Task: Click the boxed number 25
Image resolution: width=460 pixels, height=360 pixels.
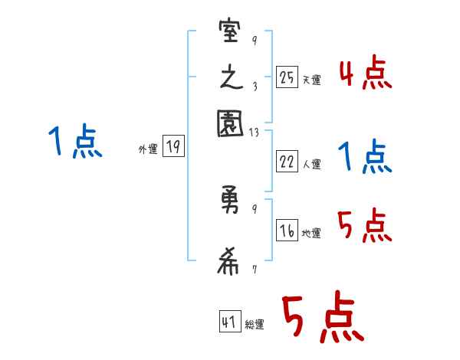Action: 287,77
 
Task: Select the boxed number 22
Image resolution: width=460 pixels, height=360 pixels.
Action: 287,161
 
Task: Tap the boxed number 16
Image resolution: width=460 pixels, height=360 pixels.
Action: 287,231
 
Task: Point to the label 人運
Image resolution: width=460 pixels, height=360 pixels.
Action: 311,164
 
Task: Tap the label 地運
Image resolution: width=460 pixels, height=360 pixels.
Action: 311,234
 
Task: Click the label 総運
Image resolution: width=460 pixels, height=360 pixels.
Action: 255,325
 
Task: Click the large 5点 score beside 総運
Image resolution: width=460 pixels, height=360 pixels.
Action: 321,319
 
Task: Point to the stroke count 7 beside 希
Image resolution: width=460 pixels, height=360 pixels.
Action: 255,270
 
